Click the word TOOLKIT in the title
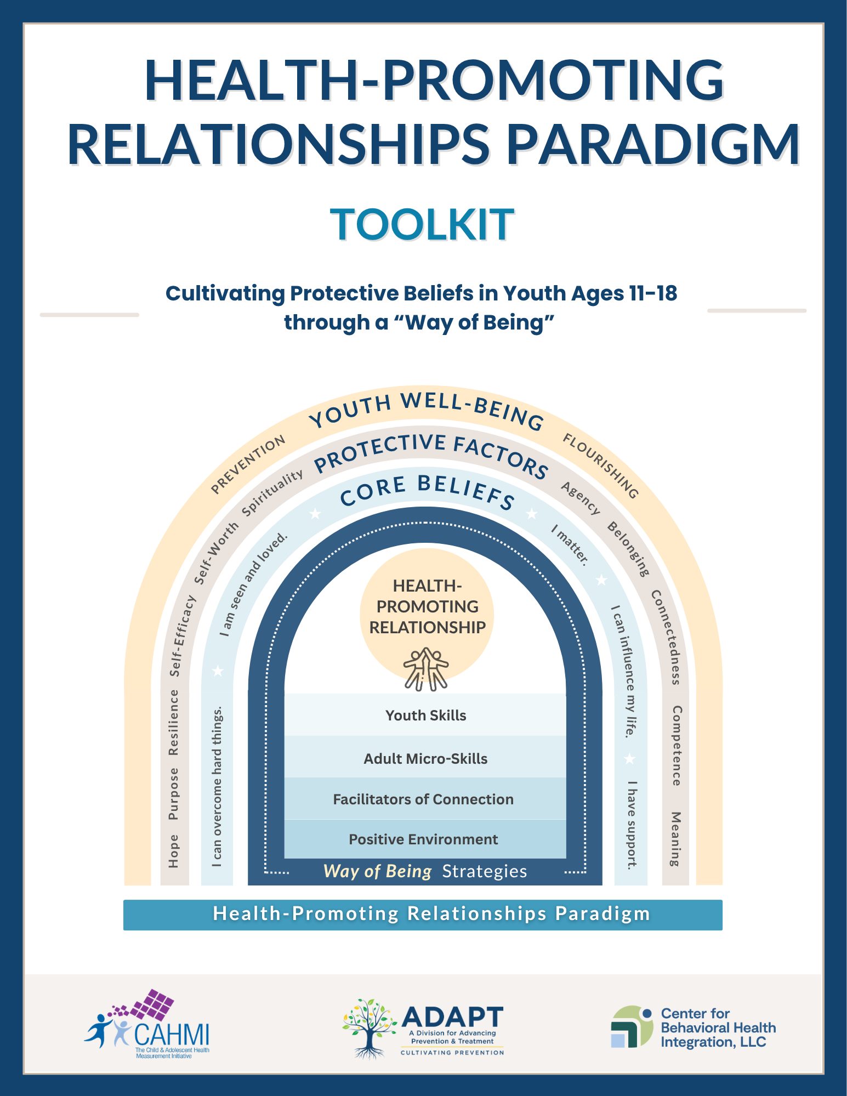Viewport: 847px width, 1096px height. tap(422, 224)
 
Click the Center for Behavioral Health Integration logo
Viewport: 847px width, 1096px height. tap(693, 1027)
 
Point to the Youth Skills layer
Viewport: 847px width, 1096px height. tap(425, 715)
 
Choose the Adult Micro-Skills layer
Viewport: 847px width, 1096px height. tap(425, 758)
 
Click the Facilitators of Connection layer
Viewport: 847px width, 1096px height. tap(423, 799)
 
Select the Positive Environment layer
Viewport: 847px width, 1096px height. tap(423, 839)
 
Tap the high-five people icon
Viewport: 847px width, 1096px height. tap(426, 668)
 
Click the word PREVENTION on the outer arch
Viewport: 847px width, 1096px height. tap(248, 463)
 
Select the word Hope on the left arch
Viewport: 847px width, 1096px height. tap(173, 850)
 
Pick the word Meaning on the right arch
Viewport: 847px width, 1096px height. tap(676, 838)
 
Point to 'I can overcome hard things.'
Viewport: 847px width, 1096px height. tap(217, 786)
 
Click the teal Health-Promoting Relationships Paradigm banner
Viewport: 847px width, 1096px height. tap(423, 914)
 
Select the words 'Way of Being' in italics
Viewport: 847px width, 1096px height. tap(378, 871)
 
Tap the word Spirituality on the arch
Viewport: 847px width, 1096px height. tap(272, 492)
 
